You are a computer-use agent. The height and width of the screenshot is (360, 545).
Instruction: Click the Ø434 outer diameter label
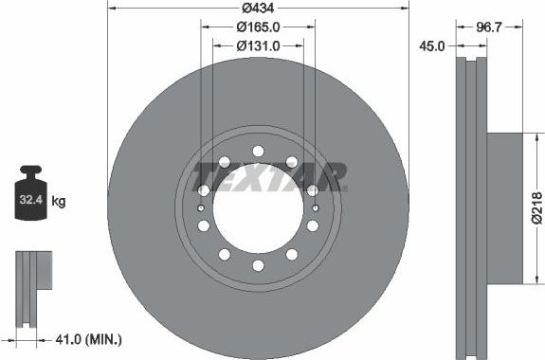coord(257,9)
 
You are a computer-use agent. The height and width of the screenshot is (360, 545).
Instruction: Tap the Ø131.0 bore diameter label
coord(257,45)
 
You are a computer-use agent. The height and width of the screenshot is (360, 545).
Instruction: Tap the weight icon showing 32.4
coord(34,196)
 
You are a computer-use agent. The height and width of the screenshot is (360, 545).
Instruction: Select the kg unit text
coord(58,201)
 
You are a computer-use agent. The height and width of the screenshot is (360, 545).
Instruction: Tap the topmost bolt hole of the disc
coord(258,150)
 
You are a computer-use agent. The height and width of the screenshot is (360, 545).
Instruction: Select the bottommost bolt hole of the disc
coord(258,265)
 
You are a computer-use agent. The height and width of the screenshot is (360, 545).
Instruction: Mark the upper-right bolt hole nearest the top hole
coord(291,161)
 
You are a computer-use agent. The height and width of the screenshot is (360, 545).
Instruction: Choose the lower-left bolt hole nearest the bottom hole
coord(224,254)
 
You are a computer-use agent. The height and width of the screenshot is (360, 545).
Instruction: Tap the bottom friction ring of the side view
coord(471,313)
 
